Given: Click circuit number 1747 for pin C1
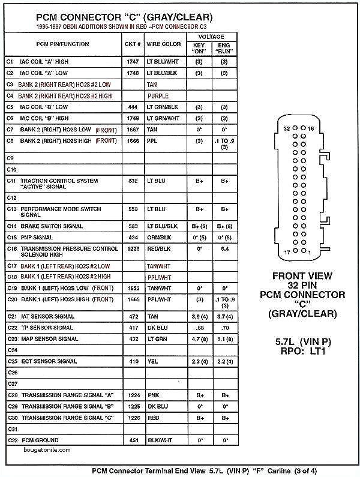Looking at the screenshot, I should [133, 62].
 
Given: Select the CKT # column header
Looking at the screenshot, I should [133, 44].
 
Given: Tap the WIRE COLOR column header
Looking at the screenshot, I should [164, 44].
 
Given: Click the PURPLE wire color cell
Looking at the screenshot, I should [158, 96].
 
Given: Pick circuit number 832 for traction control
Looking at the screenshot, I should [133, 181].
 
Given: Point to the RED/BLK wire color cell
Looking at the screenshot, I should [159, 248].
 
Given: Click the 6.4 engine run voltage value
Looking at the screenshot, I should [225, 248].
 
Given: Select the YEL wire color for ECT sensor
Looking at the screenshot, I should [152, 361].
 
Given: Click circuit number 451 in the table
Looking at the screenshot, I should [133, 440].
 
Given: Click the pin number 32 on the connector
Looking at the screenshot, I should [287, 129].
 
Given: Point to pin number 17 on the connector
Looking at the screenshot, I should [287, 253].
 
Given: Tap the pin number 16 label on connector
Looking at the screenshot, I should [311, 129].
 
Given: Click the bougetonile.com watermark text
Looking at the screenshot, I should [48, 449].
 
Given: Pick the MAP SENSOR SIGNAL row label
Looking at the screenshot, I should [49, 339].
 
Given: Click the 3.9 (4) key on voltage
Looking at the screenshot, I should [199, 316].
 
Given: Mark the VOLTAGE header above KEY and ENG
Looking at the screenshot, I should [212, 37].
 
